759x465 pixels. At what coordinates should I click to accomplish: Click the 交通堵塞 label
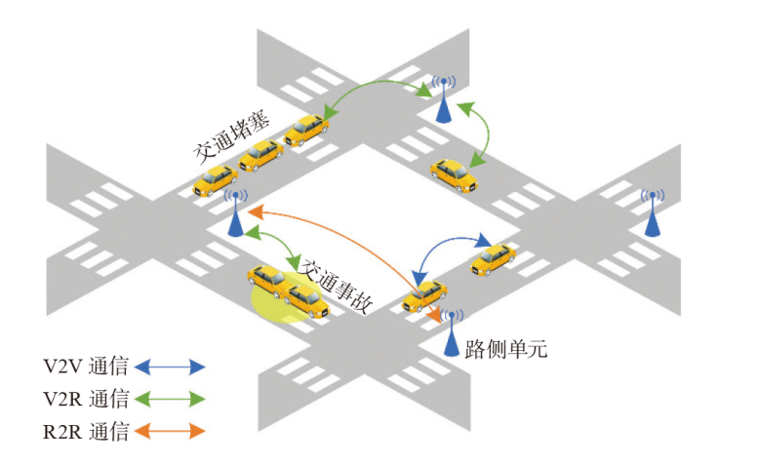coord(231,142)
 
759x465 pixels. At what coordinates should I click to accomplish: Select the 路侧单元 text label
coord(506,348)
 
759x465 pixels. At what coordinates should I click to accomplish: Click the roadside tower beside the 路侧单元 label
coord(453,332)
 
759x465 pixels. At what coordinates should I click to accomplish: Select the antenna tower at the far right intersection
coord(653,212)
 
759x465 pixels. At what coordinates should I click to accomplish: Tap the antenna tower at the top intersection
coord(444,98)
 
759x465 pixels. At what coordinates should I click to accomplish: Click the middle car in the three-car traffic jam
coord(260,153)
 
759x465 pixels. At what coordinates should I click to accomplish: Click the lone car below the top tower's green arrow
coord(455,174)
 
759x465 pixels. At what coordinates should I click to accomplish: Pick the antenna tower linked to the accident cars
coord(235,213)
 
